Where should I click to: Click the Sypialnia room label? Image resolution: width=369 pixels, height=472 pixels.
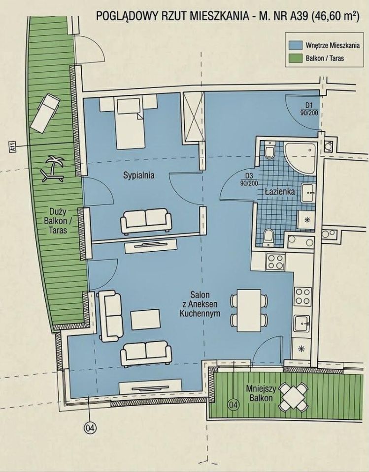pyautogui.click(x=139, y=175)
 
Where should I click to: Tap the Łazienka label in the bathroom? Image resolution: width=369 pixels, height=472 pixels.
pyautogui.click(x=280, y=191)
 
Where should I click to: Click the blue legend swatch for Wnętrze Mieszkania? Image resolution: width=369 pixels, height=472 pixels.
pyautogui.click(x=296, y=45)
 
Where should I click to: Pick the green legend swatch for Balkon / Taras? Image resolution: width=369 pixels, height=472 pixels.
pyautogui.click(x=296, y=58)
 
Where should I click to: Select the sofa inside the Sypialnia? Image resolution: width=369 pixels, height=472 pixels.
pyautogui.click(x=146, y=221)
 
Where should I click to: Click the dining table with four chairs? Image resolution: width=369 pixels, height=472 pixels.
pyautogui.click(x=249, y=310)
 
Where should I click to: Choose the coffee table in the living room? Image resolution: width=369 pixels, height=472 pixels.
pyautogui.click(x=145, y=320)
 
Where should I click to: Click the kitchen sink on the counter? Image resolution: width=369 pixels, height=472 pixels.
pyautogui.click(x=302, y=324)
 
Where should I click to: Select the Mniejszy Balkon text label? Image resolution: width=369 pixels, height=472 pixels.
pyautogui.click(x=261, y=393)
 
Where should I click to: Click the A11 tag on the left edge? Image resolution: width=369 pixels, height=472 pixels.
pyautogui.click(x=12, y=147)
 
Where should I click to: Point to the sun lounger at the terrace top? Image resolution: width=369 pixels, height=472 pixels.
pyautogui.click(x=45, y=113)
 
